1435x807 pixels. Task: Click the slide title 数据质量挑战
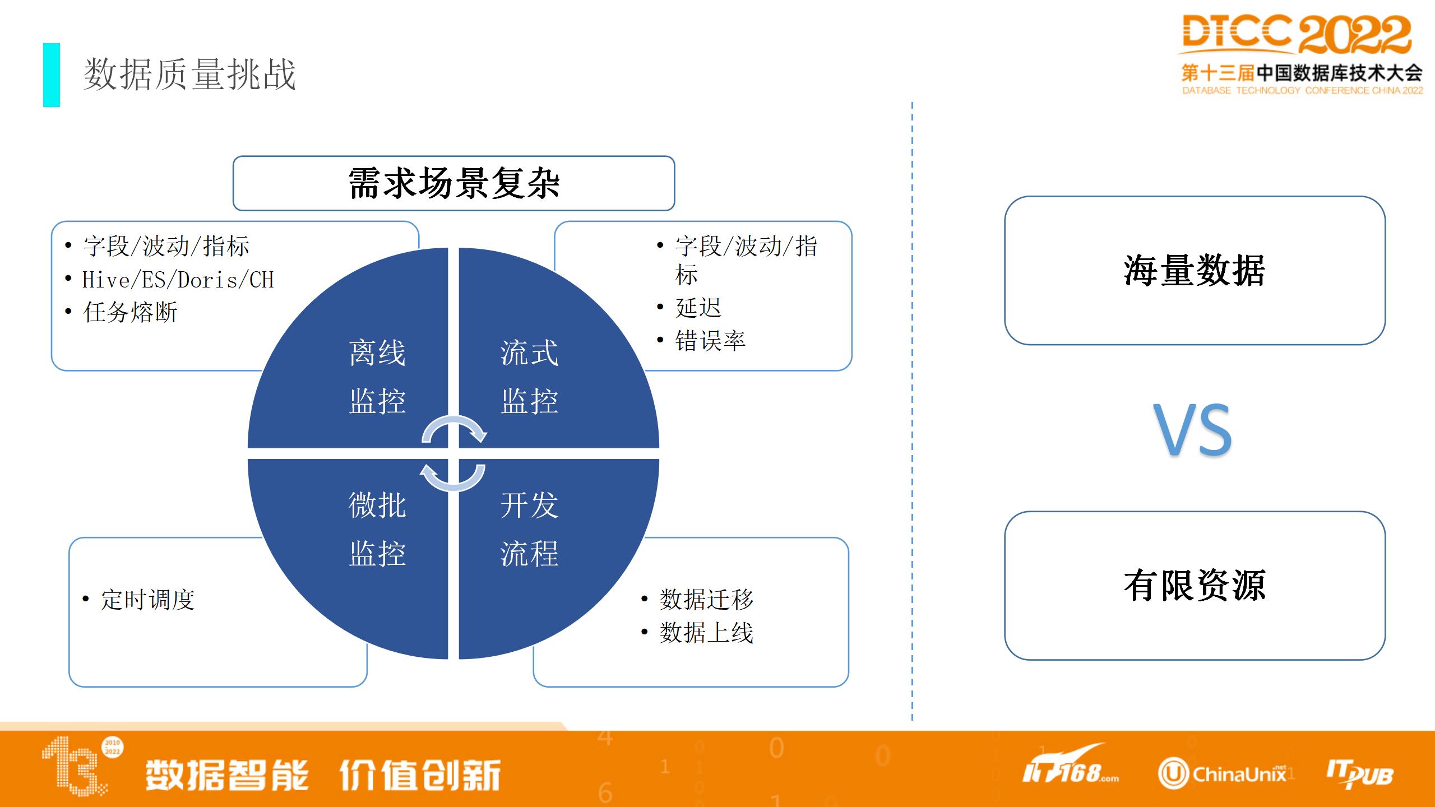tap(189, 75)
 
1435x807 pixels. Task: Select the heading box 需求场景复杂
tap(453, 183)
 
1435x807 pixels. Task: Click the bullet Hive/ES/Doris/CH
tap(178, 280)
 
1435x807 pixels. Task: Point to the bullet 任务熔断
tap(130, 312)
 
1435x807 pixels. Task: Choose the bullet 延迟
tap(698, 308)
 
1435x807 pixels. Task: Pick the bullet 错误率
tap(710, 341)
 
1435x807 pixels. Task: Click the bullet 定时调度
tap(147, 600)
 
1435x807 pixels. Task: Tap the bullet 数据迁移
tap(706, 600)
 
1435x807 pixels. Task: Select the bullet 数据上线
tap(706, 633)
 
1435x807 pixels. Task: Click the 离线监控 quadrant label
tap(377, 377)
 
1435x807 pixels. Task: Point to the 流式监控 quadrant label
tap(529, 377)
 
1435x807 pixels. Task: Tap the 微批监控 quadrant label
tap(377, 530)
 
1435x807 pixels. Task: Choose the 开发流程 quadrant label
tap(529, 530)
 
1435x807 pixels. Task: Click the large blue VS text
tap(1192, 430)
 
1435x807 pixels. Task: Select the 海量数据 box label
tap(1195, 271)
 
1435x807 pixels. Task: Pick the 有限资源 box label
tap(1195, 586)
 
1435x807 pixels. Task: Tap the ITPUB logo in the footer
tap(1359, 774)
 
